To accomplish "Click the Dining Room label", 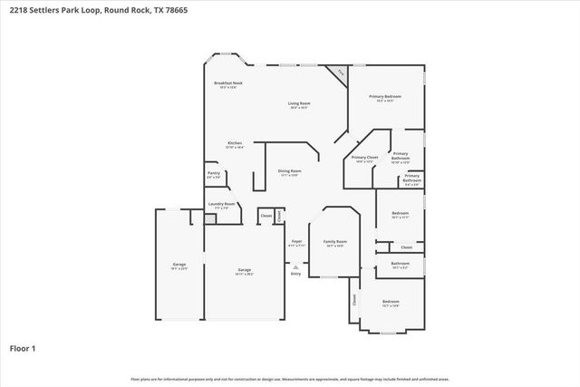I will point(289,172).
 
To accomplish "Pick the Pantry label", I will point(214,174).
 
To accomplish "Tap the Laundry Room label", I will point(222,205).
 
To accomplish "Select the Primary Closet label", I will point(364,159).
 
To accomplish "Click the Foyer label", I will point(296,242).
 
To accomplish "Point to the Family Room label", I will point(336,243).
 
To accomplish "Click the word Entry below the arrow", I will point(296,273).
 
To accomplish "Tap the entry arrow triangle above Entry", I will point(296,266).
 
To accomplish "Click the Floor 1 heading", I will point(23,347).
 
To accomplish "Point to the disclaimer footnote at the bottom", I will point(289,379).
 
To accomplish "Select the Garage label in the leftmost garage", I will point(179,266).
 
